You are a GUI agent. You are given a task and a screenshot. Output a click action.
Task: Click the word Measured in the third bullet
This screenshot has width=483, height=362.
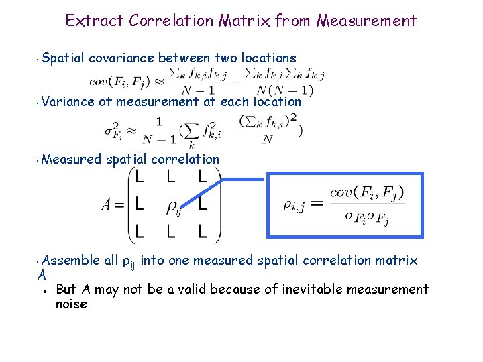click(72, 160)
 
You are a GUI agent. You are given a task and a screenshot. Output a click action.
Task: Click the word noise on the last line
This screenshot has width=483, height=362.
click(72, 304)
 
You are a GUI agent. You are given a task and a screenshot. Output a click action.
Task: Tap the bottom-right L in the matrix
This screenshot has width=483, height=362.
click(203, 232)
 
